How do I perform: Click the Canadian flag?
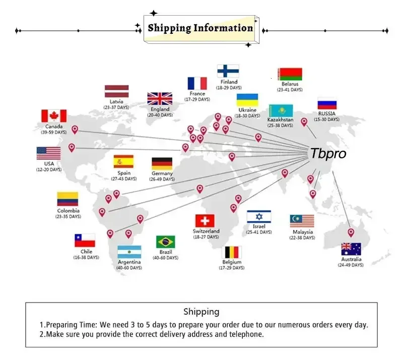coord(54,116)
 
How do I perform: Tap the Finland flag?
coord(228,71)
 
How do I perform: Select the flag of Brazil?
coord(166,242)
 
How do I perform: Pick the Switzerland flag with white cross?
coord(205,221)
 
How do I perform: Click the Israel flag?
coord(259,216)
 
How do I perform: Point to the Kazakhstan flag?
coord(281,110)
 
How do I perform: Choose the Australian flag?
coord(351,249)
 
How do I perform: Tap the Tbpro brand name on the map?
coord(328,154)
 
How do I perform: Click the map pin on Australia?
coord(351,232)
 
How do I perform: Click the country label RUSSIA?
coord(326,113)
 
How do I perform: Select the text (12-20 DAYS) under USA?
coord(49,169)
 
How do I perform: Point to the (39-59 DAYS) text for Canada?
coord(54,132)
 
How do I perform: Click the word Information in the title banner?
coord(223,28)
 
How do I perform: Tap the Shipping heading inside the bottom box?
coord(201,312)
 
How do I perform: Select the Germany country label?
coord(162,173)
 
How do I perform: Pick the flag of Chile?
coord(85,241)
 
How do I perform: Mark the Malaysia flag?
coord(302,221)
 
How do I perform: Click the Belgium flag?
coord(232,252)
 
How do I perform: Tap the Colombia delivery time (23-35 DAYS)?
coord(68,217)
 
